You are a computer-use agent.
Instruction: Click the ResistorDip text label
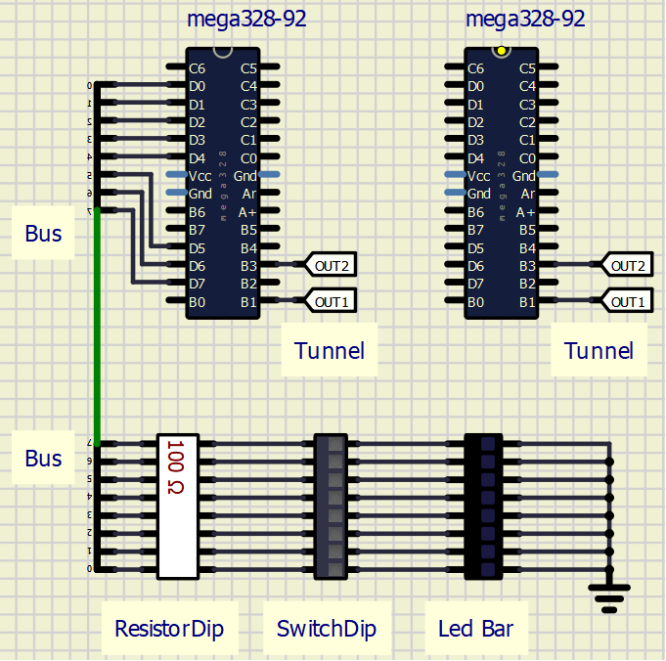click(169, 628)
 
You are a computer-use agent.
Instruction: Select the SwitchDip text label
click(327, 628)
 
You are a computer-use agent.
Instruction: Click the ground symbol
click(609, 595)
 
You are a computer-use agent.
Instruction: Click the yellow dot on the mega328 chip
click(502, 50)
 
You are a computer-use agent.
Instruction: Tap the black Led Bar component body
click(484, 506)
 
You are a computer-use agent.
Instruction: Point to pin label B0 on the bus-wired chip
click(198, 301)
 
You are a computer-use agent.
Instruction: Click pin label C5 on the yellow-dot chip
click(526, 68)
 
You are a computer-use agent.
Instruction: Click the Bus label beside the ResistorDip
click(43, 459)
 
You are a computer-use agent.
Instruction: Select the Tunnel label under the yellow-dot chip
click(599, 350)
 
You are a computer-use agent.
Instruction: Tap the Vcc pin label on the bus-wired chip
click(200, 176)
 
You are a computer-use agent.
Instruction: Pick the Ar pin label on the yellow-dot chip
click(527, 194)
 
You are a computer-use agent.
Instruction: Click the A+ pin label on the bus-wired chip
click(247, 211)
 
